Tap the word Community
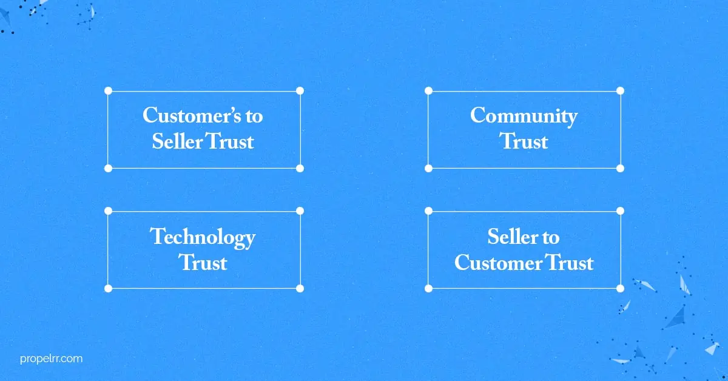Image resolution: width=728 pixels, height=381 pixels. (x=524, y=116)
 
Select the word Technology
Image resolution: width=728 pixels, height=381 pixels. (x=203, y=238)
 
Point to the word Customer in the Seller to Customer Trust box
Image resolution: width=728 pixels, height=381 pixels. (x=497, y=262)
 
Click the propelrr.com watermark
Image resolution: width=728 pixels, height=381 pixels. (x=52, y=359)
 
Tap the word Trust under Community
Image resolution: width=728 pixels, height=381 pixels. (x=524, y=141)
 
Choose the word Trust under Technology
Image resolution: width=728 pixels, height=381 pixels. (x=203, y=262)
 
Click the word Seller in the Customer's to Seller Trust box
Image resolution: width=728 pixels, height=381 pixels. (x=177, y=141)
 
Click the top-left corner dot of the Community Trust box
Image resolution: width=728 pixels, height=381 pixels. (x=429, y=90)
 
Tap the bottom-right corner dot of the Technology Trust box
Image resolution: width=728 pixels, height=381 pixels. (x=300, y=288)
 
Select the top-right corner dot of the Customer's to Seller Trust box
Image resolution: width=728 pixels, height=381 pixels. (x=300, y=90)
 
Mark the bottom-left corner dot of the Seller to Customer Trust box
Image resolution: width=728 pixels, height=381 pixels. (x=429, y=288)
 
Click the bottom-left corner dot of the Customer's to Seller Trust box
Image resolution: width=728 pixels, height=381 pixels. (x=108, y=169)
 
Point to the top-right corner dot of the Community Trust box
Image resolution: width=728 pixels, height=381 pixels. (x=620, y=90)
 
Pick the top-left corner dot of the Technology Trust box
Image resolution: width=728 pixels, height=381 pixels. (x=108, y=211)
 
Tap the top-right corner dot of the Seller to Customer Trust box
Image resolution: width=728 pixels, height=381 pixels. (x=620, y=211)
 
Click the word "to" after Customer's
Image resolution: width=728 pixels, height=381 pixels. (x=254, y=116)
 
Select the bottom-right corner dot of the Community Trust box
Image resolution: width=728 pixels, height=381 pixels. (x=620, y=169)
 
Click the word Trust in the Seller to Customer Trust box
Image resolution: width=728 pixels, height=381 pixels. (x=569, y=262)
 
